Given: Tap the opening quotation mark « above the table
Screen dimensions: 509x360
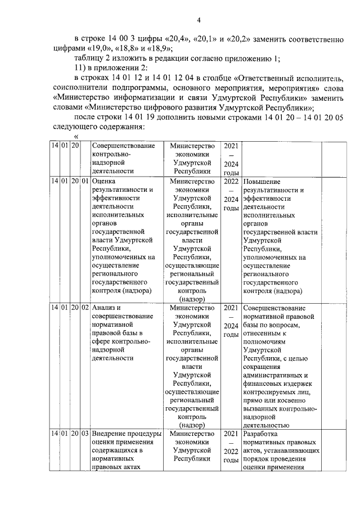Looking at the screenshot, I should pos(76,137).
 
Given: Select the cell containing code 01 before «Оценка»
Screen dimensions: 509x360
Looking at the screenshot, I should pos(85,182).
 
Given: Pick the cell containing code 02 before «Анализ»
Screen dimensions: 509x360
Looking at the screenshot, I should pos(85,308).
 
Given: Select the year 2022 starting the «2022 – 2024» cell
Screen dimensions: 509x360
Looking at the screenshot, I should pos(231,182).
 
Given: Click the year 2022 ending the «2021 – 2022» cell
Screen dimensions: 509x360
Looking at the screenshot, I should pos(231,452).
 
